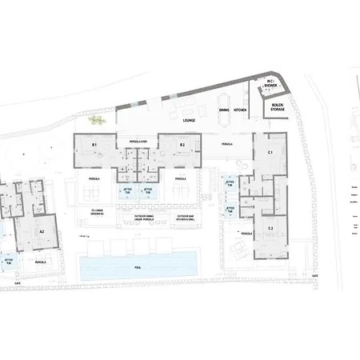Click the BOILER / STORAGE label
[278, 106]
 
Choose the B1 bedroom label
[94, 144]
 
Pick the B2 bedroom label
[182, 144]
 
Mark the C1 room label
[270, 151]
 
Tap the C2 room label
[270, 229]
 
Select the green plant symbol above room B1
[97, 120]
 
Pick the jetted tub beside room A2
[8, 261]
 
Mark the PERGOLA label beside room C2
[246, 234]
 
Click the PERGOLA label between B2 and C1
[226, 145]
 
